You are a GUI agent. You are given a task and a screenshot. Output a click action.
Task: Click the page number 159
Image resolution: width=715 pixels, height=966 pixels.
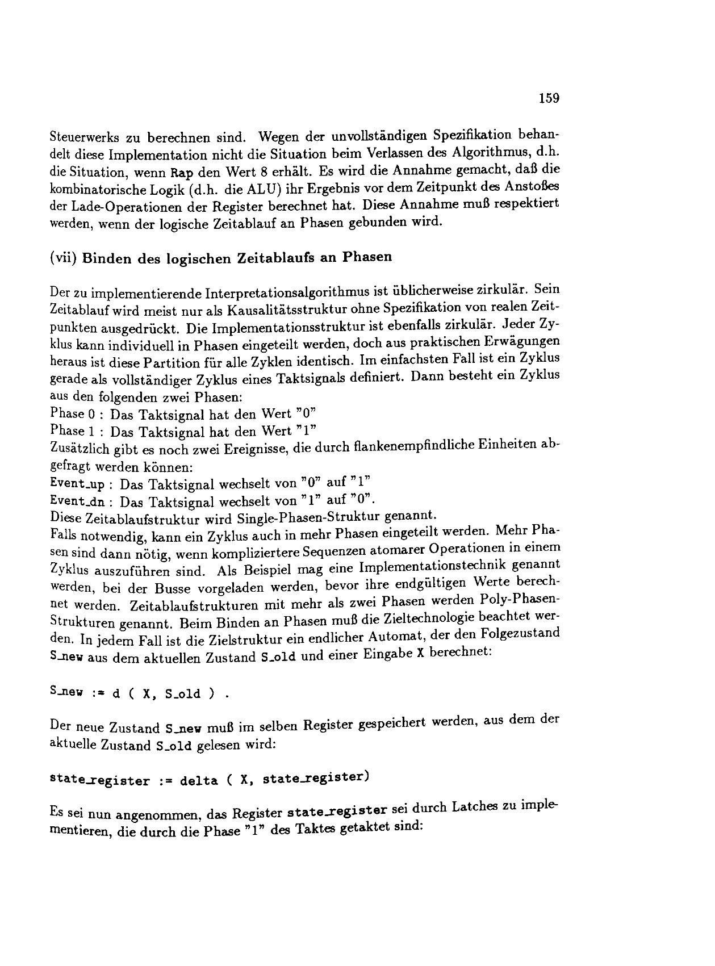point(549,98)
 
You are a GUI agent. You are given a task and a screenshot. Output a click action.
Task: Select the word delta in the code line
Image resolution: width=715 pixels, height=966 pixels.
point(199,780)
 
